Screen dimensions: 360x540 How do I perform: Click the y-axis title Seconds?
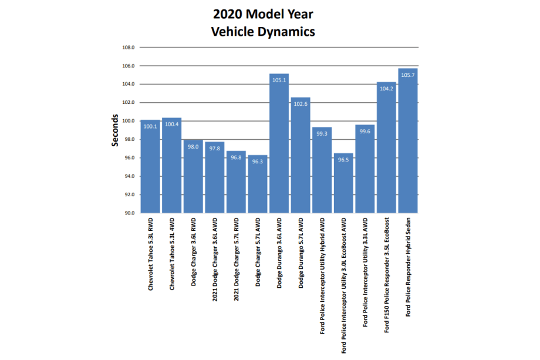pyautogui.click(x=115, y=129)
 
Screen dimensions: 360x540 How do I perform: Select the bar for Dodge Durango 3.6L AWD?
pyautogui.click(x=279, y=143)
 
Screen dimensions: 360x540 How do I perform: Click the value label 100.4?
pyautogui.click(x=171, y=124)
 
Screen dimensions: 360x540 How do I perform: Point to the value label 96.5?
pyautogui.click(x=343, y=159)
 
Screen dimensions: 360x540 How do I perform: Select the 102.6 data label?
pyautogui.click(x=301, y=104)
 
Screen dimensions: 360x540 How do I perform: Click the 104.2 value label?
pyautogui.click(x=386, y=89)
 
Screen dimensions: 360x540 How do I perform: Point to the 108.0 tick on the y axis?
pyautogui.click(x=129, y=47)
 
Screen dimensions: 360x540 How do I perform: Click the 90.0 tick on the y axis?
pyautogui.click(x=129, y=213)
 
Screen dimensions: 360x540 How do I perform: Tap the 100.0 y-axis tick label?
pyautogui.click(x=127, y=121)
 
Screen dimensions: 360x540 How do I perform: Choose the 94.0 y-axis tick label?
pyautogui.click(x=129, y=176)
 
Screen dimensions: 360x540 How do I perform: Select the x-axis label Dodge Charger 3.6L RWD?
pyautogui.click(x=193, y=255)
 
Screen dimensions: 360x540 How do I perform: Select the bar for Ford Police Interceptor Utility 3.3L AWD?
pyautogui.click(x=365, y=169)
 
